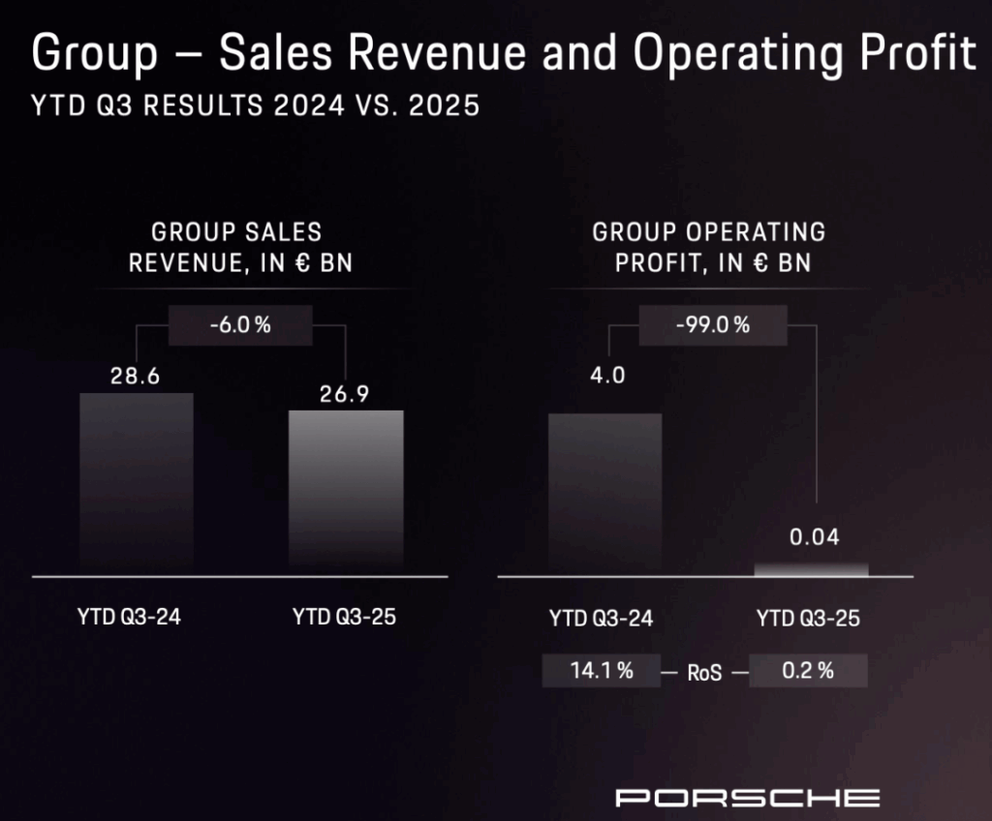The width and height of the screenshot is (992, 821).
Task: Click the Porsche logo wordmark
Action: click(x=748, y=798)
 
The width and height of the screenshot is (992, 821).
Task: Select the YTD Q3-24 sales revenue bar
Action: click(x=137, y=484)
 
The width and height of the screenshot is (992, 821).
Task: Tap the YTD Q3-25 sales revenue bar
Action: click(x=347, y=493)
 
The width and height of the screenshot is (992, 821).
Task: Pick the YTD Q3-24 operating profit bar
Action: click(x=604, y=494)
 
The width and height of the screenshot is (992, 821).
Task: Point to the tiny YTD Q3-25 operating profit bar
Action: click(x=812, y=569)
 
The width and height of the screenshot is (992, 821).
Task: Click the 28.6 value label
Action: click(x=135, y=377)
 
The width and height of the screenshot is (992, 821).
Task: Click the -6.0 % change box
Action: click(x=240, y=325)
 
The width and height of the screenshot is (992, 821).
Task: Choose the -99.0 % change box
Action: click(x=711, y=325)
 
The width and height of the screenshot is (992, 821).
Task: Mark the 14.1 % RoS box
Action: click(x=603, y=671)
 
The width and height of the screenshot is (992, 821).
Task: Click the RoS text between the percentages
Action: click(x=705, y=673)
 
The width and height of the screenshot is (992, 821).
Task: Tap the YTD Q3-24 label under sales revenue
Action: click(x=129, y=617)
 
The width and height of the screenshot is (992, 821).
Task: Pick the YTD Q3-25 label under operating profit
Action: click(x=808, y=618)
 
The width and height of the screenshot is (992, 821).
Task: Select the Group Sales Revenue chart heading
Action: click(x=238, y=247)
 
